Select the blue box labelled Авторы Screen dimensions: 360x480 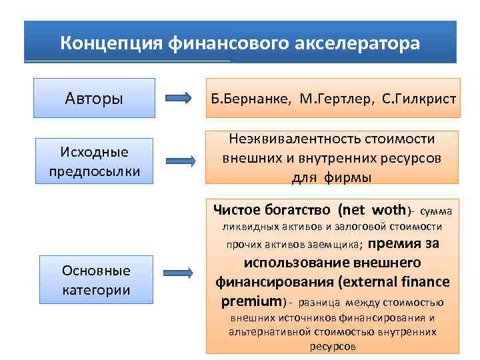point(94,99)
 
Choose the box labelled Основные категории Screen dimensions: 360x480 point(95,281)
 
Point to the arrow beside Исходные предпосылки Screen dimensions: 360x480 point(179,161)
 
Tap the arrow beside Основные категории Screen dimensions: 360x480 point(179,273)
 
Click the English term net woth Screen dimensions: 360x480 point(373,211)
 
